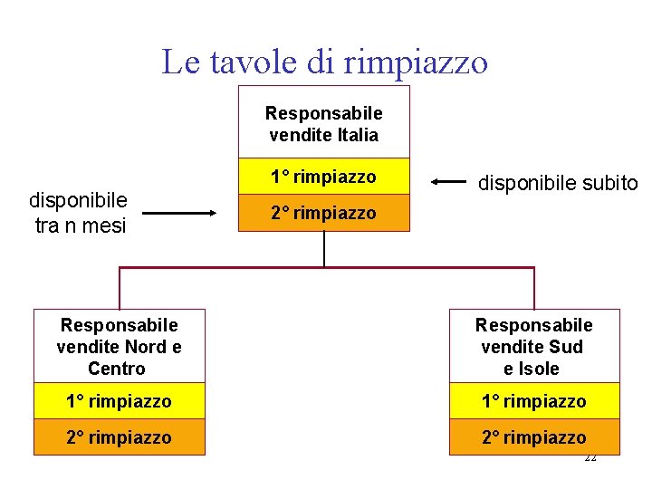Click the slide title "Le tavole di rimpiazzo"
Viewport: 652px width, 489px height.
tap(324, 62)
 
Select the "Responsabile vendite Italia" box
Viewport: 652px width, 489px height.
tap(323, 124)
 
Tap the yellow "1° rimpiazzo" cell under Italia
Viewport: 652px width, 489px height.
tap(323, 177)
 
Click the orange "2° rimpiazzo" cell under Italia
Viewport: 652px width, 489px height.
tap(323, 214)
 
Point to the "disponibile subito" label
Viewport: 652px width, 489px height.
tap(558, 183)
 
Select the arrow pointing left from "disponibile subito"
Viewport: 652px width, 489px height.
tap(448, 182)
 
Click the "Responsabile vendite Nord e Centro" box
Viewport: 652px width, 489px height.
tap(119, 346)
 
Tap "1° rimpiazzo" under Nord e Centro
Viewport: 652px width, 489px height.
tap(119, 400)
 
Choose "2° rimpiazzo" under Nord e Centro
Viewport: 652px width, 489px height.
tap(119, 437)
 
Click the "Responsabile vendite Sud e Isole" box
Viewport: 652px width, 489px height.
tap(534, 346)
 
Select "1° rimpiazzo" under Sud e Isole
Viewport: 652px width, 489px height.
tap(534, 400)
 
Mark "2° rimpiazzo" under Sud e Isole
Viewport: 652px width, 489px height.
tap(534, 437)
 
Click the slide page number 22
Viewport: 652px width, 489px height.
tap(590, 458)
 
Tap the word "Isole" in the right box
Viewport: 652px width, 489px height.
tap(541, 369)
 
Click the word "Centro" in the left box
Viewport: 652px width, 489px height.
tap(117, 369)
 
